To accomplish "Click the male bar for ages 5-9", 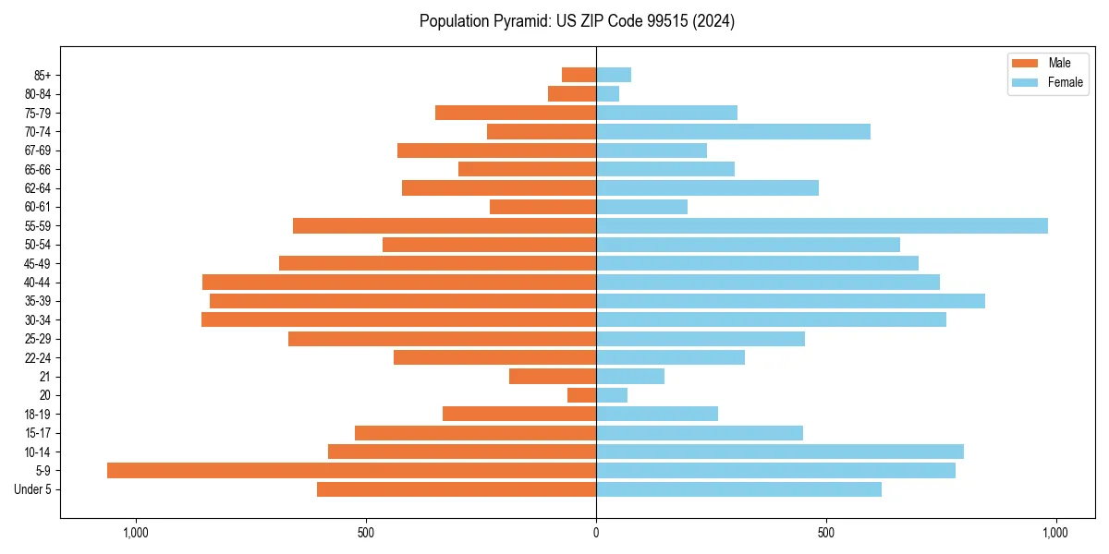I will (x=351, y=471).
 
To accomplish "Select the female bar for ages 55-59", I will (x=822, y=226).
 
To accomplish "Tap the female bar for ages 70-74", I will (x=733, y=132).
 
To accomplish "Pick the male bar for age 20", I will (x=581, y=395).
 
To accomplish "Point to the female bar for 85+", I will (x=614, y=75).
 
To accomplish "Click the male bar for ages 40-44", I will (x=399, y=283).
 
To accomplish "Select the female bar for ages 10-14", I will (x=780, y=452).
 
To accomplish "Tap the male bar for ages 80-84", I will (x=572, y=94).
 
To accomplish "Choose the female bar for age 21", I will (x=630, y=377).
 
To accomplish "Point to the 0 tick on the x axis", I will (x=596, y=533).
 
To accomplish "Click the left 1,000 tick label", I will (x=136, y=533).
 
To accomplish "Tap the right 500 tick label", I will (x=826, y=533).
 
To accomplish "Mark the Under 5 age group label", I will (x=32, y=489).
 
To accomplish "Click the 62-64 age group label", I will (x=38, y=188).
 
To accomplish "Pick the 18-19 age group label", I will (x=38, y=415).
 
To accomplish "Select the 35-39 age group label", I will (x=38, y=301).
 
